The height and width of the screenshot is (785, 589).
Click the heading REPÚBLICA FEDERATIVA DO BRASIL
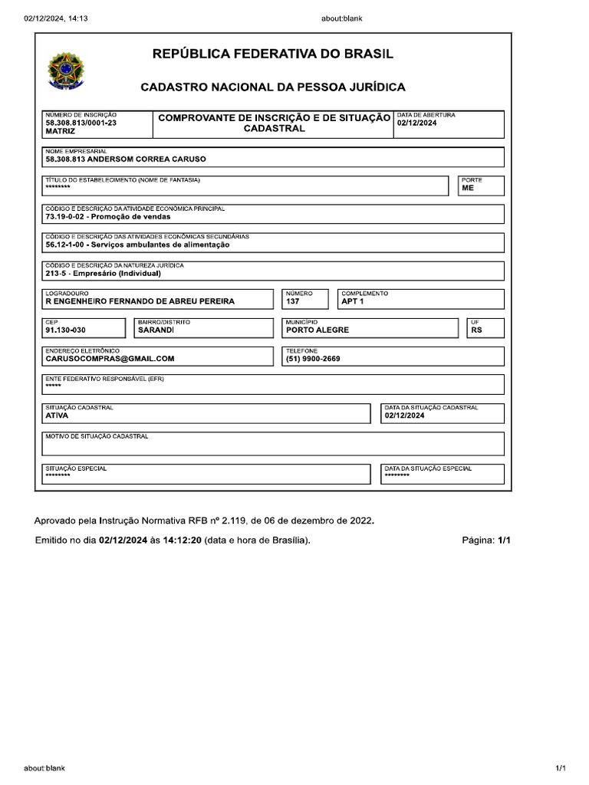[x=273, y=54]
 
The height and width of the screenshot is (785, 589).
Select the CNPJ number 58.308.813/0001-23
[x=81, y=123]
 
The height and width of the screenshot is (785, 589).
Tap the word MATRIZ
[x=60, y=132]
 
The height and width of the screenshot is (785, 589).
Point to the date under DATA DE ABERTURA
[x=416, y=123]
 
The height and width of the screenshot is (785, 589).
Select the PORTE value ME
[x=468, y=188]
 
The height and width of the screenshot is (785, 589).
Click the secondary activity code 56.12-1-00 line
[x=137, y=245]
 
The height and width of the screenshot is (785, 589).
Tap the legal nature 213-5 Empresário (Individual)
[x=103, y=273]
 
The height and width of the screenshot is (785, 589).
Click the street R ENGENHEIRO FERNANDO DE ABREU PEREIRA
[x=140, y=301]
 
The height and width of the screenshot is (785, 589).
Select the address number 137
[x=292, y=301]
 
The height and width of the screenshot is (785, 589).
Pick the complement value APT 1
[x=353, y=301]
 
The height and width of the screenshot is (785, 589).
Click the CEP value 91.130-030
[x=65, y=330]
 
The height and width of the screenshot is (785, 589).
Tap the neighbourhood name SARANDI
[x=156, y=330]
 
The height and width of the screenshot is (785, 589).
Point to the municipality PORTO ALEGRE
[x=317, y=330]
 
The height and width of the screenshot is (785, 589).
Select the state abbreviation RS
[x=476, y=330]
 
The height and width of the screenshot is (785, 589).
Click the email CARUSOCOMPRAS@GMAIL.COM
[x=110, y=358]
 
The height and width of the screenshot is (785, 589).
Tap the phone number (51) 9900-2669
[x=313, y=358]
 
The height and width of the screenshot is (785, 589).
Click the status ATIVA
[x=57, y=415]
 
